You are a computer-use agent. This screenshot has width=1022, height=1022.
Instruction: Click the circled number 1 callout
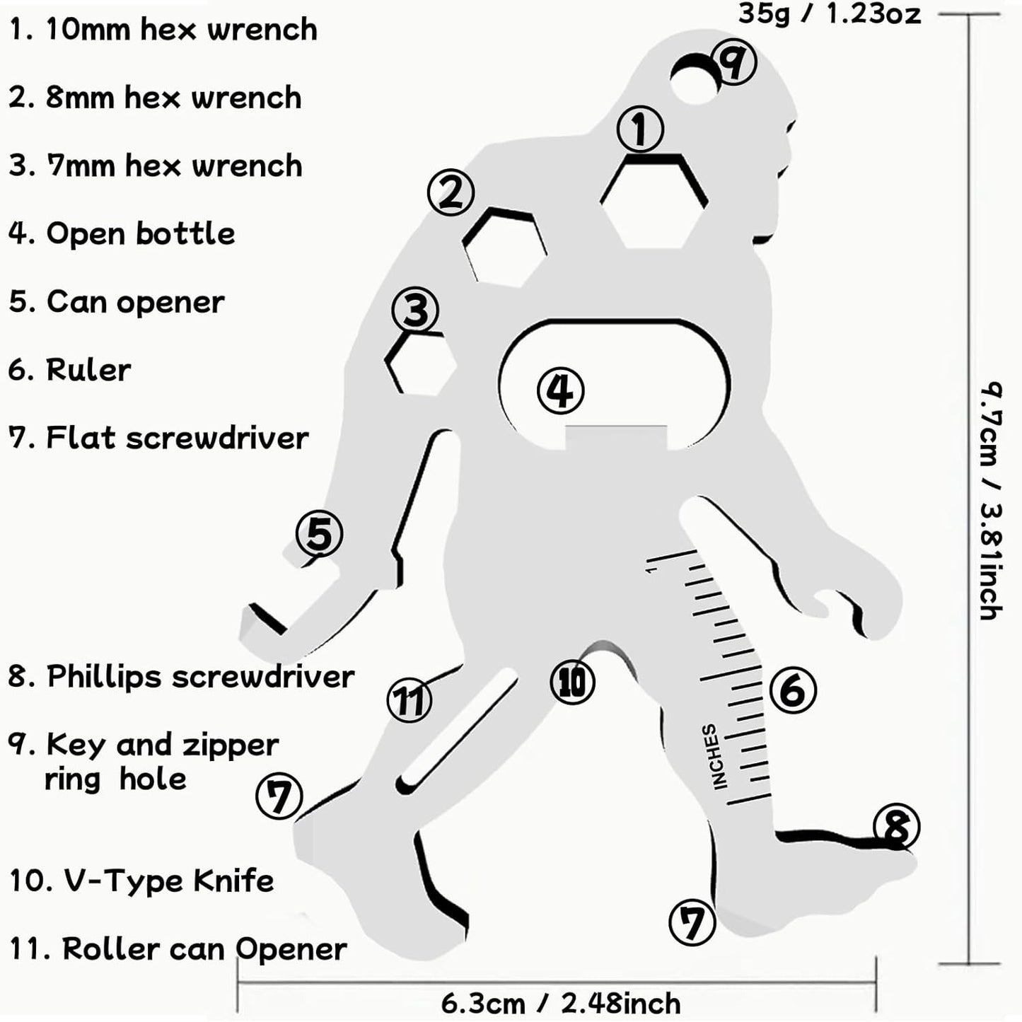point(640,129)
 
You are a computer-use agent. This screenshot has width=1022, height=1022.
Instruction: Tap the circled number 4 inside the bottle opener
point(560,390)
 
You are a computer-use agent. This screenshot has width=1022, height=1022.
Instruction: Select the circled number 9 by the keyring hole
point(733,62)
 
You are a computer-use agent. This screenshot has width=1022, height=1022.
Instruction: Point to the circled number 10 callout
point(572,683)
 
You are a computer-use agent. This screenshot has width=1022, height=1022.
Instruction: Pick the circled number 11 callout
point(410,700)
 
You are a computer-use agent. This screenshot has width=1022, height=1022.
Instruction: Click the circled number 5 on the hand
point(319,534)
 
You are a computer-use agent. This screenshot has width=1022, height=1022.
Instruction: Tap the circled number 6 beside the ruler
point(792,690)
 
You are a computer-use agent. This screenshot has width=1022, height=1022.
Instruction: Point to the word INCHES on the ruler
point(714,755)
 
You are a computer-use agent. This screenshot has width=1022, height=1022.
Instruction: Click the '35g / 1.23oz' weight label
point(829,13)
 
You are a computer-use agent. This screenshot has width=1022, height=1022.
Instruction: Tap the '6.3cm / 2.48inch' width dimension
point(560,1003)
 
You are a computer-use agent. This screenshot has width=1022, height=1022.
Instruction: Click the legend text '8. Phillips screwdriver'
point(181,677)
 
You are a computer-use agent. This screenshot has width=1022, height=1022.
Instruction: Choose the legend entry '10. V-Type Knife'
point(141,881)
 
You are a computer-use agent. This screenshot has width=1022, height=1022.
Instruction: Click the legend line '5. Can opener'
point(117,303)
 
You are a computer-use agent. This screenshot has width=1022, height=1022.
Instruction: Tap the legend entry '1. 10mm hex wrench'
point(163,30)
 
